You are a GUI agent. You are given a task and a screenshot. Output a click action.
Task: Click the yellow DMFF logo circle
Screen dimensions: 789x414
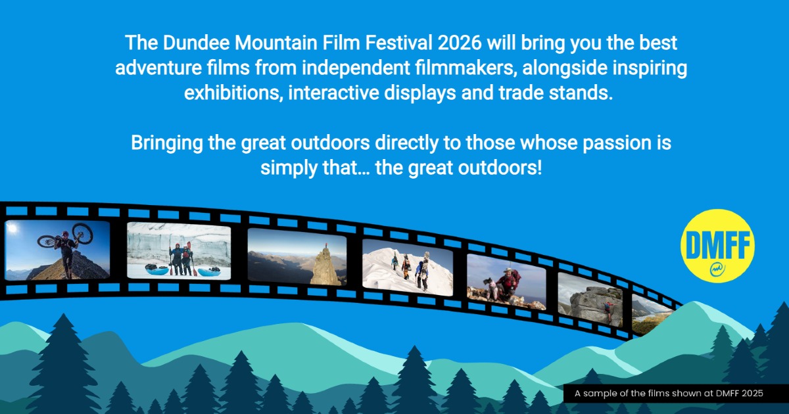click(717, 246)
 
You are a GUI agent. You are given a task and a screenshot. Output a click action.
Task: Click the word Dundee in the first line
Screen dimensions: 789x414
click(196, 43)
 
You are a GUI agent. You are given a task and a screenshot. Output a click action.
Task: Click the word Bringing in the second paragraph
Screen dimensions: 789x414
click(166, 143)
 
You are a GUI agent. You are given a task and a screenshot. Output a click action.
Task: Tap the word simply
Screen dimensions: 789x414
click(289, 168)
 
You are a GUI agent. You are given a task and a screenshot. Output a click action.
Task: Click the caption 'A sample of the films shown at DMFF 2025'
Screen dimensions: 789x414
click(669, 393)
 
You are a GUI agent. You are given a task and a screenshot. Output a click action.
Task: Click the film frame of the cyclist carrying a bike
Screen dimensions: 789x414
click(57, 250)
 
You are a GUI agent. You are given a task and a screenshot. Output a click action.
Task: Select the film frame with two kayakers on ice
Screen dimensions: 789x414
click(179, 250)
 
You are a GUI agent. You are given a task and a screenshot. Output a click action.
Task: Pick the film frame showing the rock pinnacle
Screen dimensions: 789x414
click(297, 257)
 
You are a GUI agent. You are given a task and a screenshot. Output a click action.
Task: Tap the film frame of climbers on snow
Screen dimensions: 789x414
click(408, 267)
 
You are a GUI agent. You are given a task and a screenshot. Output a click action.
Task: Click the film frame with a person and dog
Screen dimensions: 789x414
click(506, 282)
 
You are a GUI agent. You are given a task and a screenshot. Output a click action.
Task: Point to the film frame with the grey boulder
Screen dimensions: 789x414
click(590, 300)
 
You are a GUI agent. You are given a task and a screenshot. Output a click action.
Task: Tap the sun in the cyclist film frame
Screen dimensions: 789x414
click(12, 228)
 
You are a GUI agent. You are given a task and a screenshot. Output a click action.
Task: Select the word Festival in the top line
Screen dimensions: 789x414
click(398, 43)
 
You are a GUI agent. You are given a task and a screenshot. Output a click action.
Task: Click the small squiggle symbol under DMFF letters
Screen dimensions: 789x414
click(717, 269)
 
